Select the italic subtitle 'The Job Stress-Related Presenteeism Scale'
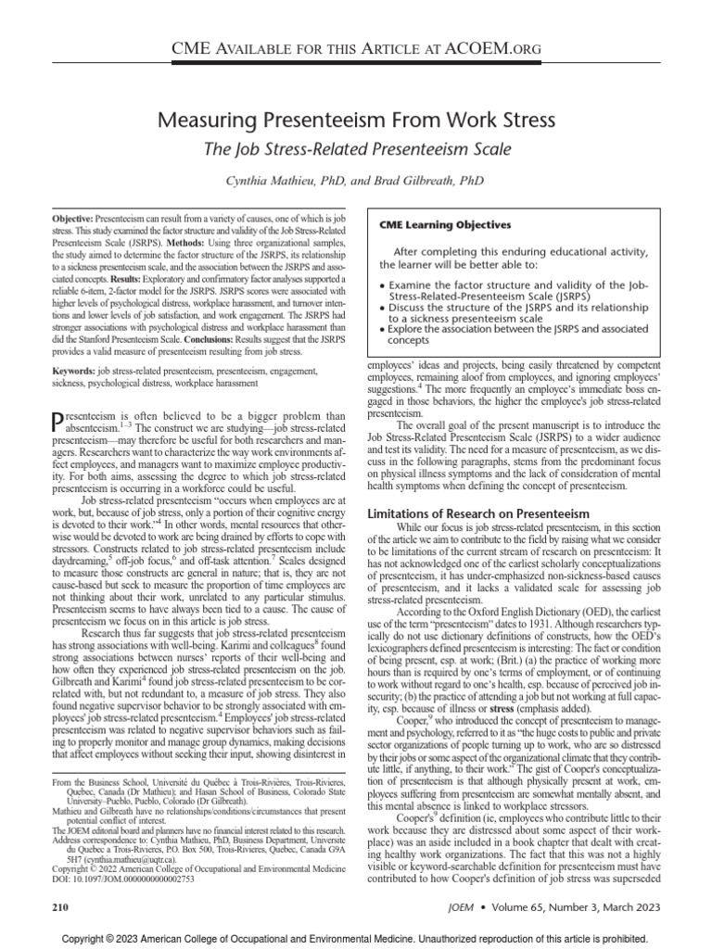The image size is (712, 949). pos(356,147)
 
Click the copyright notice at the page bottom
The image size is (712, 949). pos(356,938)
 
